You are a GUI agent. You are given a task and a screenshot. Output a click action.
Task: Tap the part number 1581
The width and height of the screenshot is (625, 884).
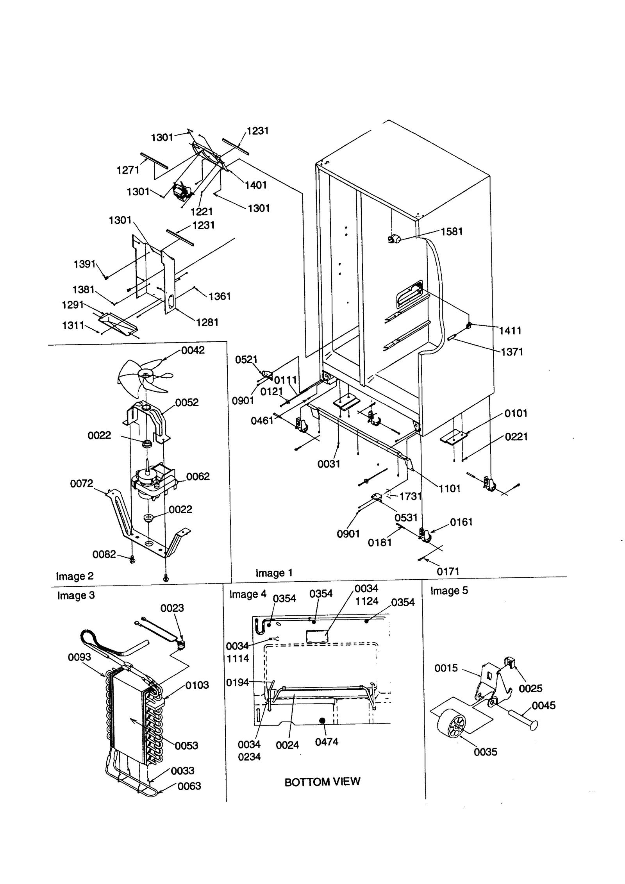pos(452,232)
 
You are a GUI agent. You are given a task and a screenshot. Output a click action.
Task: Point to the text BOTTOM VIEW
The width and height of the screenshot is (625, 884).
pos(322,782)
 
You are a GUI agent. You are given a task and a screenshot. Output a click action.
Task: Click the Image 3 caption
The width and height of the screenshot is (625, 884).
pos(76,596)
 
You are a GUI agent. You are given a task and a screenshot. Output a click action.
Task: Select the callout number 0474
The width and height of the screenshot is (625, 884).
pos(327,742)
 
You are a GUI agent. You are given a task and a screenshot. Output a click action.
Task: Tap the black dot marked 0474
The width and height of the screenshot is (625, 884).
pos(322,720)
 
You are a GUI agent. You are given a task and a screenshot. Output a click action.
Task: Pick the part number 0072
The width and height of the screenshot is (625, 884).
pos(82,484)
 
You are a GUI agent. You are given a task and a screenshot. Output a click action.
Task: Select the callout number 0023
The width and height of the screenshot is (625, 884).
pos(172,608)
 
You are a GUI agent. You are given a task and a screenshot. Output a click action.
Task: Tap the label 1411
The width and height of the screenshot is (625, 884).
pos(510,331)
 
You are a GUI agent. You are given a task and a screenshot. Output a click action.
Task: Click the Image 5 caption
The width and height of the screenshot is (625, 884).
pos(449,591)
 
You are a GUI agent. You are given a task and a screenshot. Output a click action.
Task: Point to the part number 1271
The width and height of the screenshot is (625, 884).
pos(128,170)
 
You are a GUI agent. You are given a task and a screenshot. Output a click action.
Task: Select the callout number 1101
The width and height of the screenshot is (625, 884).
pos(449,489)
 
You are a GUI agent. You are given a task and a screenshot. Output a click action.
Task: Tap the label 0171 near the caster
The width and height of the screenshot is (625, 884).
pos(448,572)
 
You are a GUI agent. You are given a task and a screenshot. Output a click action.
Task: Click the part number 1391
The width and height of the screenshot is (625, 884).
pos(85,264)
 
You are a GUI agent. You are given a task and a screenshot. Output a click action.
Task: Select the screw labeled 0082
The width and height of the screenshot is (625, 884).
pos(132,560)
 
